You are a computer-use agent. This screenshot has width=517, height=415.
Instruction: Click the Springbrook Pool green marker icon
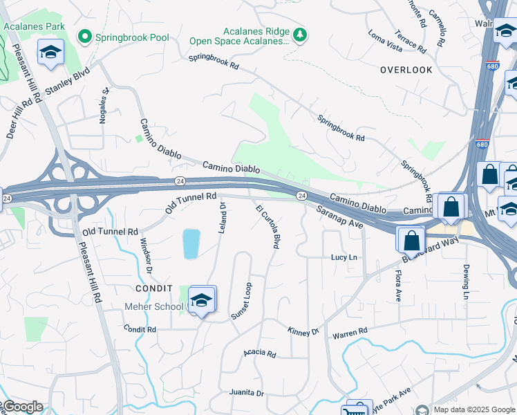pos(86,36)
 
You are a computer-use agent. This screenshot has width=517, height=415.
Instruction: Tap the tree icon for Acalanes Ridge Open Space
pos(299,35)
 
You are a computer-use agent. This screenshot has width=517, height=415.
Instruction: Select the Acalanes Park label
pos(34,26)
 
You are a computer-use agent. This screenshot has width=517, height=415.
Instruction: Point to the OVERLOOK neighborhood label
pos(406,70)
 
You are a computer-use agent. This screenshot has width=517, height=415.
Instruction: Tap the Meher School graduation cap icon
pos(202,300)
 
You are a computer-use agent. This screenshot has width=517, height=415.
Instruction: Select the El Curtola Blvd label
pos(267,226)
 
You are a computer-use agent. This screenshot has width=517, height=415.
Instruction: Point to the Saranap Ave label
pos(340,216)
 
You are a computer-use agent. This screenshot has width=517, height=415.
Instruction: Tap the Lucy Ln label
pos(344,257)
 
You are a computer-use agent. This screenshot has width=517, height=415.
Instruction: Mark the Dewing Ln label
pos(467,276)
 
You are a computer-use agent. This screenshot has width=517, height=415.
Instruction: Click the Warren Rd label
pos(350,333)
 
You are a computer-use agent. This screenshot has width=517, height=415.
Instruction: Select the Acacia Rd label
pos(259,353)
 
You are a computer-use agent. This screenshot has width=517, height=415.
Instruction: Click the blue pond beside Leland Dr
pos(191,244)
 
